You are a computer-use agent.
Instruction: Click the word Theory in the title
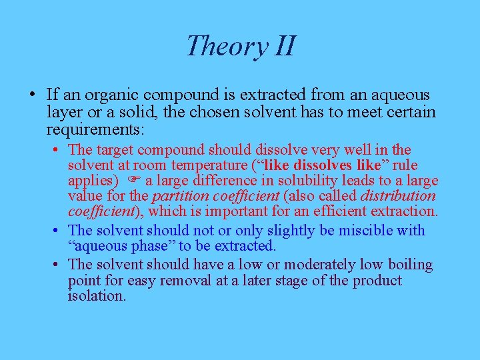[x=217, y=47]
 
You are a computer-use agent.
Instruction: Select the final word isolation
[x=97, y=296]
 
